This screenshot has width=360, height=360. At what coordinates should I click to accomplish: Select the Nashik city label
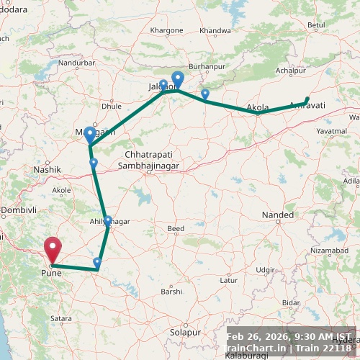tap(47, 169)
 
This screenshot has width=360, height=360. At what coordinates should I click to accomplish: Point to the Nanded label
tap(278, 215)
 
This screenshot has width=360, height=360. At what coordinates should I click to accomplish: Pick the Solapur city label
tap(186, 333)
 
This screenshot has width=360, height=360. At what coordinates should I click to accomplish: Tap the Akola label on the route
tap(258, 108)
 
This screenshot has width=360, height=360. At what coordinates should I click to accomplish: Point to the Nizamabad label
tap(328, 250)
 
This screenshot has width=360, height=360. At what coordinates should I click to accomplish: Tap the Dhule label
tap(112, 106)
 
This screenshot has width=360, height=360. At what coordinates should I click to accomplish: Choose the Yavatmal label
tap(332, 132)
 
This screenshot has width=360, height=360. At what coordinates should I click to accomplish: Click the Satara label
tap(61, 318)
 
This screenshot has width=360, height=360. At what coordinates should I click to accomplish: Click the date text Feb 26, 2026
tap(257, 336)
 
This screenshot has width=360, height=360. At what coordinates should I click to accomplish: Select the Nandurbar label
tap(77, 63)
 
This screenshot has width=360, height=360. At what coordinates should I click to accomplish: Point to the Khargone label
tap(167, 31)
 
